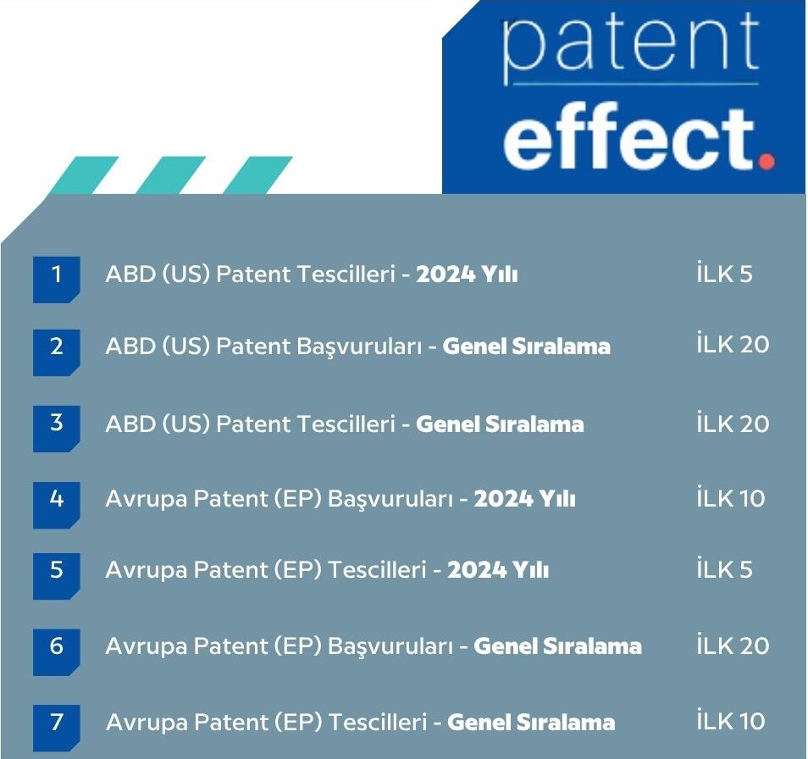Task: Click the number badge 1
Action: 56,278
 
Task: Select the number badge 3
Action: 56,426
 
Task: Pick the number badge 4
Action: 56,502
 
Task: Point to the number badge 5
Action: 56,574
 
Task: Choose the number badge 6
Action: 56,650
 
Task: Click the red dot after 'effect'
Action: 766,159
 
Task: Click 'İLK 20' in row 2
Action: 733,345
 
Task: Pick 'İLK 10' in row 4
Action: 730,499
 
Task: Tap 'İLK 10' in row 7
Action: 730,722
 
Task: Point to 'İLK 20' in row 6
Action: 733,645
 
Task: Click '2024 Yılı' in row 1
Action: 467,276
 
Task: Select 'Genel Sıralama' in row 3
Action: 500,424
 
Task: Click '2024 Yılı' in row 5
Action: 498,571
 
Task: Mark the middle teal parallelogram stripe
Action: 170,175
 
